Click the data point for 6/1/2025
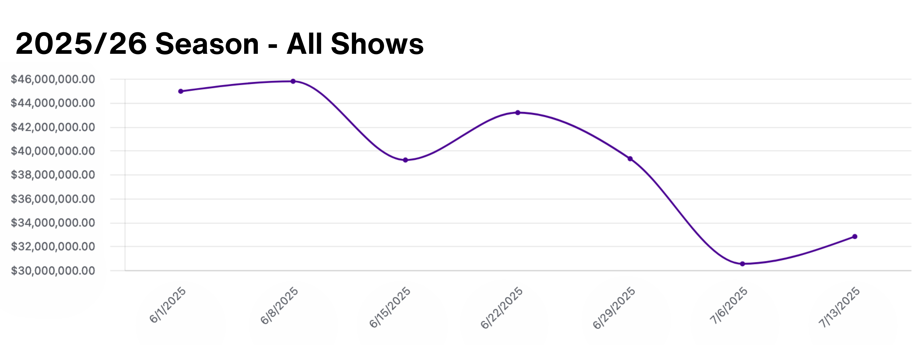(181, 91)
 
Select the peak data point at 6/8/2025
(293, 81)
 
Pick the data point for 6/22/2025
(518, 113)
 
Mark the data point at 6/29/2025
(630, 159)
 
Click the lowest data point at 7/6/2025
(742, 264)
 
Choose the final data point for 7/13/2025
(855, 236)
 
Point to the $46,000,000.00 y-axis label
(53, 79)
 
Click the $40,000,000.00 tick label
(53, 151)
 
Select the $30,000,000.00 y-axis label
(53, 271)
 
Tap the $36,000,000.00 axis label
(53, 199)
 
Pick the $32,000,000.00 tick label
(53, 247)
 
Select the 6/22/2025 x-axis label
(502, 308)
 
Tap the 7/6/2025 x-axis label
(728, 305)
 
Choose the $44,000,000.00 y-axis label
(53, 103)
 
